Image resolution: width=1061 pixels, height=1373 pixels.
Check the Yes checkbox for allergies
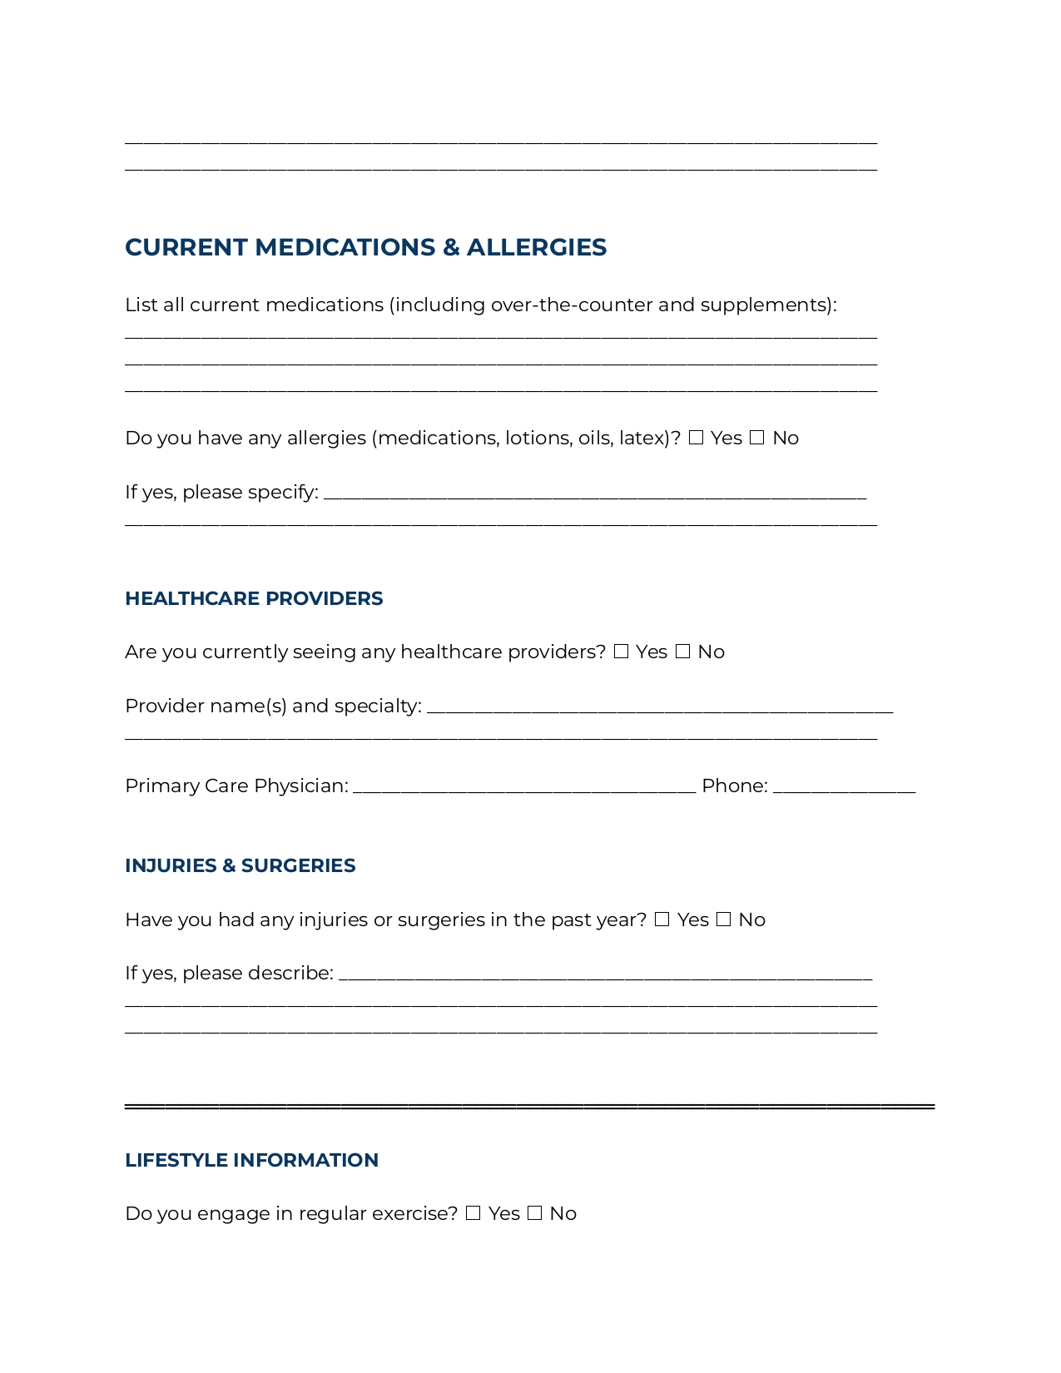[696, 438]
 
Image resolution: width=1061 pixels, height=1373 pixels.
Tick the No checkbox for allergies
[756, 438]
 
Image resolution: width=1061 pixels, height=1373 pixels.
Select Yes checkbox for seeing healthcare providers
[621, 652]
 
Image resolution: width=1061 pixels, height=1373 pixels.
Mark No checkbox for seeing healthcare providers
[682, 652]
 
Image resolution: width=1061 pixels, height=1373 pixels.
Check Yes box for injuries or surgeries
[662, 919]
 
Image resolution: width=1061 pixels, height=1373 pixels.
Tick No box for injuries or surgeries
[723, 919]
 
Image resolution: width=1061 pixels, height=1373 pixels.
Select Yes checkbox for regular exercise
[473, 1213]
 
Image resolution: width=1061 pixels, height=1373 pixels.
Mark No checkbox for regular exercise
[534, 1213]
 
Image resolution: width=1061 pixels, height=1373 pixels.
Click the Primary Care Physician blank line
[524, 787]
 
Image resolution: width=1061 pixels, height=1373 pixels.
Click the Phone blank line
[844, 787]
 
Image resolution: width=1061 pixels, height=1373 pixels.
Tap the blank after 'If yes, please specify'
[594, 493]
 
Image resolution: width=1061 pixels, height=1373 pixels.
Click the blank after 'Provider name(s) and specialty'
[659, 707]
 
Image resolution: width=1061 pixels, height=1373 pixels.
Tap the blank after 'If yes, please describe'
[605, 974]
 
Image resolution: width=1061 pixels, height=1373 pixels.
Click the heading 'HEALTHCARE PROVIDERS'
[254, 599]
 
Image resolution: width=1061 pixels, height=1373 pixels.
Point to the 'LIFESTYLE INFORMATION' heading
[251, 1160]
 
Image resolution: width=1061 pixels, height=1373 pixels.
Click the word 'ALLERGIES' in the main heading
[536, 247]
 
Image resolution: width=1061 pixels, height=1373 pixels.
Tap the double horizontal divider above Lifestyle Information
[529, 1106]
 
